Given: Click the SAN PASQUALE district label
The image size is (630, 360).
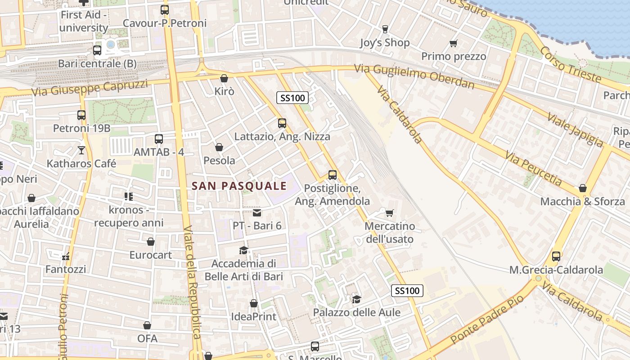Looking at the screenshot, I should click(239, 186).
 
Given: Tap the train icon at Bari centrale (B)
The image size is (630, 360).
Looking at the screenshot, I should click(97, 50).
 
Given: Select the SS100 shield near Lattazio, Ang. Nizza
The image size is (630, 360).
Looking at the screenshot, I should click(292, 98).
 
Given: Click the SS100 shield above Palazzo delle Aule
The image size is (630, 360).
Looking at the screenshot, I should click(407, 291).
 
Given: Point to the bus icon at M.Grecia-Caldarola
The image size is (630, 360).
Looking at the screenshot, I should click(556, 256).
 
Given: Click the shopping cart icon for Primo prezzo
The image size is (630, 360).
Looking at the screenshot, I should click(453, 44).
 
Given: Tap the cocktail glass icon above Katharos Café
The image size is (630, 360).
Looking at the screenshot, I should click(81, 150).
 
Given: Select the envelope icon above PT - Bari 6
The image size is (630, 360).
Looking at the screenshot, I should click(256, 212).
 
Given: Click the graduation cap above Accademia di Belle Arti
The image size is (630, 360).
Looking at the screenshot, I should click(243, 250).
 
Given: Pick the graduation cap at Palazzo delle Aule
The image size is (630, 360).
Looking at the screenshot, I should click(356, 299).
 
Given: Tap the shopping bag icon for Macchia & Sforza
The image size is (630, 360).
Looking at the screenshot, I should click(583, 188).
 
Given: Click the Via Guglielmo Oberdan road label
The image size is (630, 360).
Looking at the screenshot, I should click(414, 76).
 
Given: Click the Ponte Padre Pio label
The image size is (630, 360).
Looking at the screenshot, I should click(487, 319).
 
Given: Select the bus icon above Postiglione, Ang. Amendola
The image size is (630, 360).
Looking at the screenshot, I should click(333, 175).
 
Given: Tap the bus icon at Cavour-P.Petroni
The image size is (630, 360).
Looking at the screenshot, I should click(165, 9).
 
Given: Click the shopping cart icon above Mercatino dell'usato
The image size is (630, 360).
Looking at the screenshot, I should click(390, 212).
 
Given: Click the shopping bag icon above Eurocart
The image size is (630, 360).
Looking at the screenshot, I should click(151, 242).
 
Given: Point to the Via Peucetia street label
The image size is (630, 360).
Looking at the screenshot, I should click(533, 169).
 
